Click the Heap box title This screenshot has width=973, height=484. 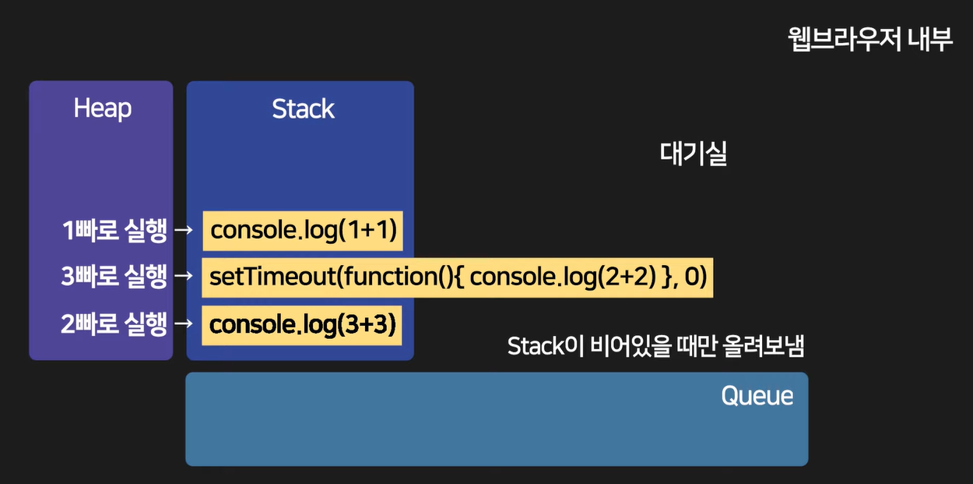tap(102, 108)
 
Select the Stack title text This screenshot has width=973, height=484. tap(303, 109)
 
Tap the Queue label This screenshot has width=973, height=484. tap(757, 396)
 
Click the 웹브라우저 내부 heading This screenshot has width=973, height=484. tap(869, 40)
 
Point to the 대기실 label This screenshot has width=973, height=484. tap(693, 154)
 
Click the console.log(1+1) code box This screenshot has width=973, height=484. tap(303, 231)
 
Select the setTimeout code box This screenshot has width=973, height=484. tap(458, 277)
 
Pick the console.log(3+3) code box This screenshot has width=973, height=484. tap(303, 324)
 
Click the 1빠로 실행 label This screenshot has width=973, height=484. tap(114, 231)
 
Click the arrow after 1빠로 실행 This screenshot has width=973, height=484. tap(184, 231)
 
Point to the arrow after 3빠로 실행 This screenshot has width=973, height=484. tap(184, 277)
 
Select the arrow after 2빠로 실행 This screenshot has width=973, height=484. tap(184, 324)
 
